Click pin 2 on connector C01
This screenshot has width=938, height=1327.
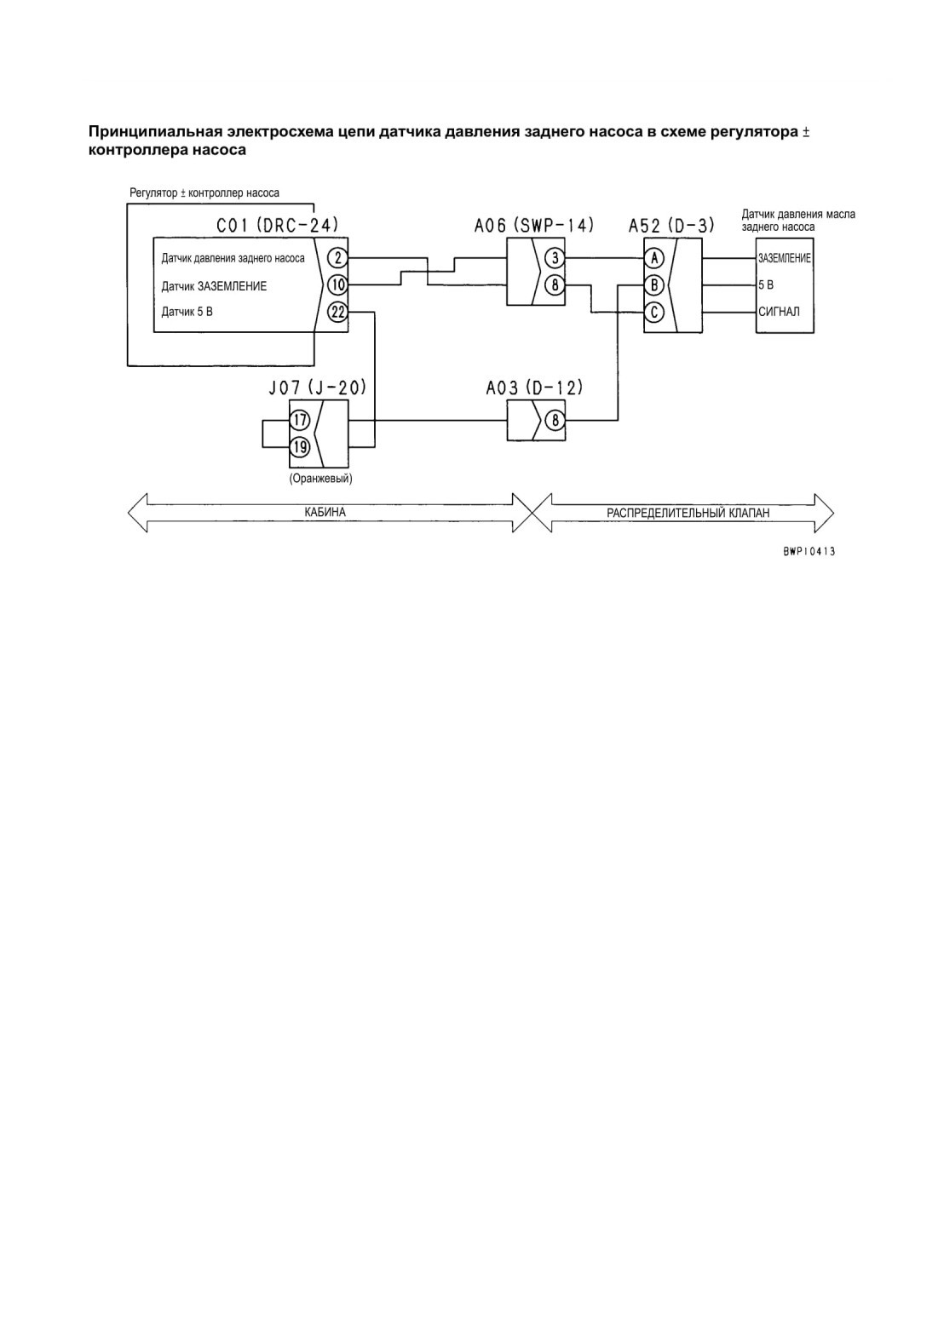tap(337, 258)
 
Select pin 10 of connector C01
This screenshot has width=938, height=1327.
tap(337, 285)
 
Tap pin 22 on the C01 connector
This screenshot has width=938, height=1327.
tap(337, 312)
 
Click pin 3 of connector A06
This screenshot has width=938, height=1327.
tap(555, 258)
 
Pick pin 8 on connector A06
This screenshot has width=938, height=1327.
tap(555, 285)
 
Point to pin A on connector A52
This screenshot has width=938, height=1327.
tap(654, 258)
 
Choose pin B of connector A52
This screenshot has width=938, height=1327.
tap(654, 285)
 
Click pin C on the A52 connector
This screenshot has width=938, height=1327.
tap(654, 312)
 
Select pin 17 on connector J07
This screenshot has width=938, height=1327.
tap(300, 421)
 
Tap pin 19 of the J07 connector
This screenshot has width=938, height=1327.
tap(300, 446)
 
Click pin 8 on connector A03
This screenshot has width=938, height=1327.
tap(555, 421)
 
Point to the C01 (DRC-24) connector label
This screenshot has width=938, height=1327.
tap(278, 225)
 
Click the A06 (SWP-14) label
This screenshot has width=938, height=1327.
tap(534, 225)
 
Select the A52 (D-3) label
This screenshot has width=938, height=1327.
tap(671, 225)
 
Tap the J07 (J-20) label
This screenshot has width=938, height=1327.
tap(317, 388)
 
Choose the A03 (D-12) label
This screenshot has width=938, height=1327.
tap(534, 388)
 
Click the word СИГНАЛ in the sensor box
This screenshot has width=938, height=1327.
tap(780, 312)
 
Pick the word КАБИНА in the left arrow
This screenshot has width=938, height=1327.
tap(325, 512)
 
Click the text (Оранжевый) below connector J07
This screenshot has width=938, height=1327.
tap(320, 478)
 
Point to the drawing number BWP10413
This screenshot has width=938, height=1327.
tap(809, 552)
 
